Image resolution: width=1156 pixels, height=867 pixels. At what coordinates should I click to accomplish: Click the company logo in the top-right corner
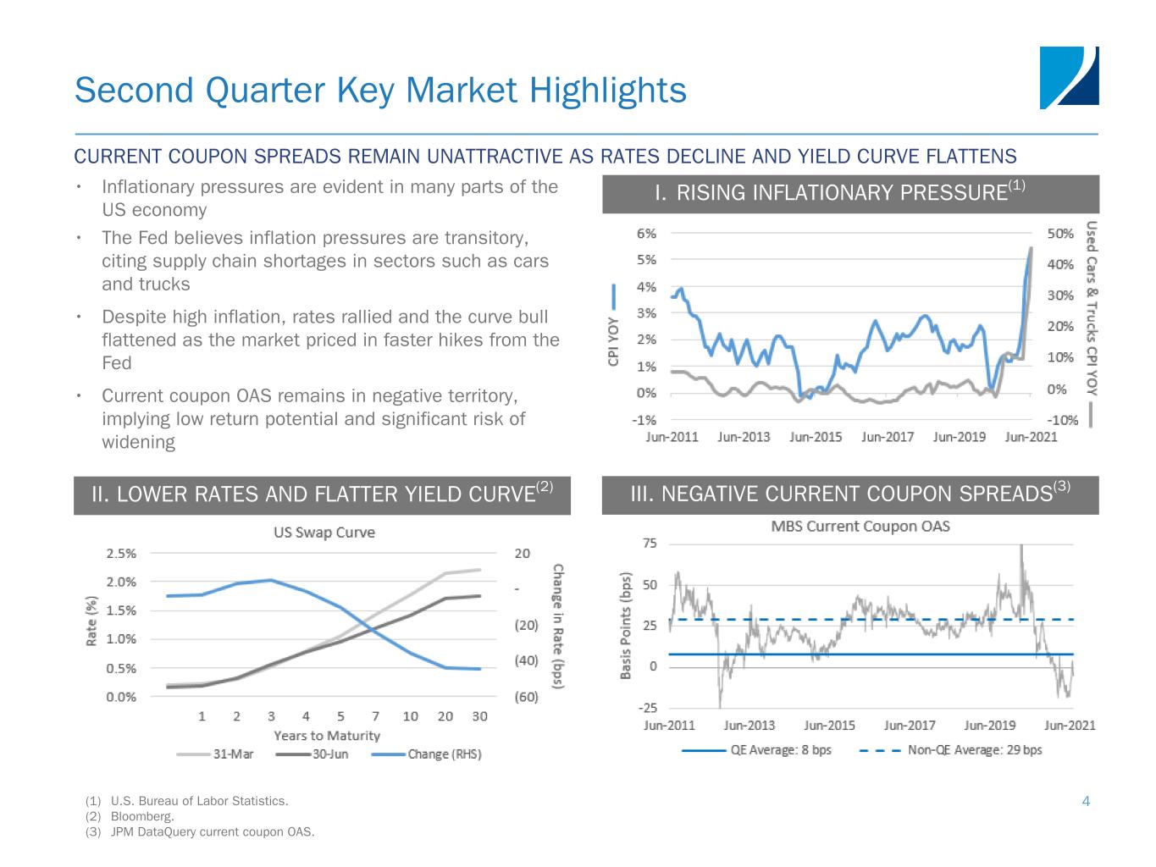[x=1069, y=78]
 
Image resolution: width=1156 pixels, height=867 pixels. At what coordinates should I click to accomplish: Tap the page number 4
[x=1086, y=801]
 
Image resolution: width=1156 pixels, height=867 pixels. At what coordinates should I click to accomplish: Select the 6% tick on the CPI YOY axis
[x=646, y=233]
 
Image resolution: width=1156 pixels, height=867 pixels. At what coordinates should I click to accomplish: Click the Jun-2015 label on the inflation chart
[x=816, y=437]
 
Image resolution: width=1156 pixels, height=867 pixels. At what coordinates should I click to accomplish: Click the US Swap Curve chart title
[x=324, y=533]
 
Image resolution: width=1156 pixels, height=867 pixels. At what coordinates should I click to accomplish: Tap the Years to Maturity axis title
[x=327, y=736]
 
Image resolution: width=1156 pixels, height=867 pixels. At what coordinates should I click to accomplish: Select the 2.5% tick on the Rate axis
[x=121, y=554]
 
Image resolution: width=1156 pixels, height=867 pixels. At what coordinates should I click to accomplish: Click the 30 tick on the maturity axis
[x=480, y=716]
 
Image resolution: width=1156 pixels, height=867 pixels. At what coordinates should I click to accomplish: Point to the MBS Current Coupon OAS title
[x=860, y=527]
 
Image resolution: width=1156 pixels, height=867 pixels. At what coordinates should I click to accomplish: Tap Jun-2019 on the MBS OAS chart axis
[x=989, y=726]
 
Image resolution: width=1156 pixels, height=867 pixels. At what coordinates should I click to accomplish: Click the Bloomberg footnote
[x=141, y=817]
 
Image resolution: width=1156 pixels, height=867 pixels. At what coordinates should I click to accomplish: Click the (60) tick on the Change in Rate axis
[x=526, y=697]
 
